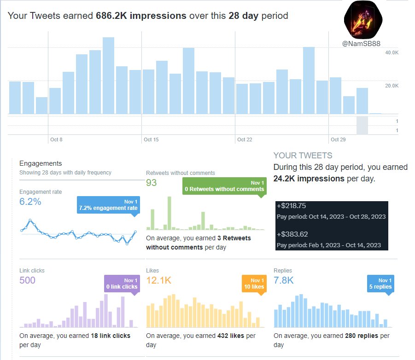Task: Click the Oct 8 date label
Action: [x=57, y=139]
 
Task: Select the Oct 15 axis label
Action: [x=151, y=139]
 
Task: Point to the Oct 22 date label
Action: [x=245, y=139]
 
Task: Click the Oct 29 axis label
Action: [x=338, y=139]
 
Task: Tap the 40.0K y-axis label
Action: [x=392, y=53]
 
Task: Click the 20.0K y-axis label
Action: [x=392, y=86]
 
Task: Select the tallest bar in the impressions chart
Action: [x=108, y=76]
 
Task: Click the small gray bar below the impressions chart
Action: [x=362, y=125]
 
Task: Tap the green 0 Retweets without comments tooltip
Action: [x=224, y=186]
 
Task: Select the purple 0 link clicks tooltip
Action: [x=122, y=284]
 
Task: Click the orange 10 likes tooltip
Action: [x=253, y=284]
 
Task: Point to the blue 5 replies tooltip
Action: [x=380, y=284]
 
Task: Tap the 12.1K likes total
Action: [x=158, y=280]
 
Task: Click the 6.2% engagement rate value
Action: [x=30, y=202]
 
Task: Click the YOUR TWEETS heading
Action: [x=303, y=156]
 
